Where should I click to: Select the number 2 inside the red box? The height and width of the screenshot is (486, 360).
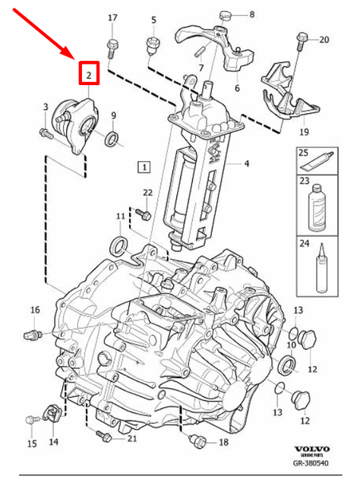point(89,75)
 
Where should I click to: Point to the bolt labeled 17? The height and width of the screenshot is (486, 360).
point(112,47)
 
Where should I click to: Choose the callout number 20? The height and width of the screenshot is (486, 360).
point(324,39)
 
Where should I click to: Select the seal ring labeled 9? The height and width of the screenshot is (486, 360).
point(112,138)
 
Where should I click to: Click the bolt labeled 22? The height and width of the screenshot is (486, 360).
point(143,213)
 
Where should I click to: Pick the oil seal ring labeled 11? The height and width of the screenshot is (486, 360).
point(119,245)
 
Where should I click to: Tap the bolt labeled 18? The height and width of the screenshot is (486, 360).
point(198,440)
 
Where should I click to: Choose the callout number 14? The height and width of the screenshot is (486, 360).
point(54,442)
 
